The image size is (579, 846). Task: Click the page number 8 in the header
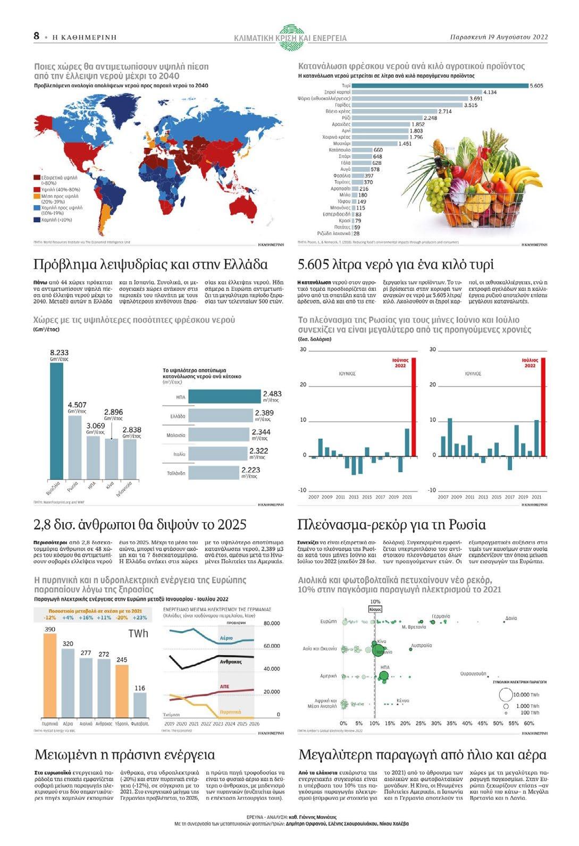[36, 36]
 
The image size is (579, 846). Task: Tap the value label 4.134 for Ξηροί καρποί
[490, 93]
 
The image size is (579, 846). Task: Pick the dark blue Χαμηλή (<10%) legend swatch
[37, 220]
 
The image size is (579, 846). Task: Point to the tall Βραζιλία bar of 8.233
[56, 421]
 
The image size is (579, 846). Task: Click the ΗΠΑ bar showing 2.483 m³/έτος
[224, 397]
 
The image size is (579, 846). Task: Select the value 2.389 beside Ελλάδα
[264, 413]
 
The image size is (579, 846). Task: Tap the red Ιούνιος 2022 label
[400, 363]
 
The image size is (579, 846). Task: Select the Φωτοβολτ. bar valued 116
[140, 705]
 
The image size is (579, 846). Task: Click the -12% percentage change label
[50, 618]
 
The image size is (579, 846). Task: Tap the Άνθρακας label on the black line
[231, 662]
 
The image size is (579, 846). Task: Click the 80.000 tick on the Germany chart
[271, 623]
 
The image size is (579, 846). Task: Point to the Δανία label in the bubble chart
[511, 618]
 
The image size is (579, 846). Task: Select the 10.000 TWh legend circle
[505, 694]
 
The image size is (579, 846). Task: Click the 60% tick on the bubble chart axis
[528, 723]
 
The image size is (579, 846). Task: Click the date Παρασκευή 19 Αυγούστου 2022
[498, 37]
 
